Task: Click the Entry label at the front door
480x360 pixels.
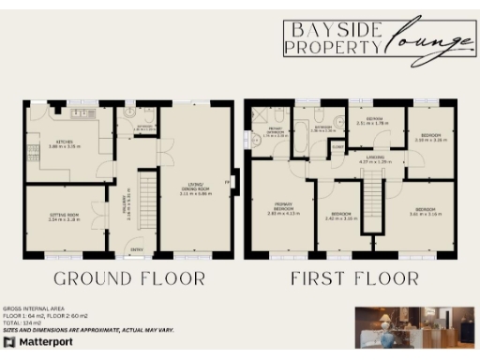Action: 137,248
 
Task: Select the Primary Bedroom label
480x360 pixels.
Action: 281,208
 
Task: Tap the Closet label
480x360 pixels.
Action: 337,145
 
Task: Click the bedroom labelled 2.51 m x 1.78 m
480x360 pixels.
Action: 373,121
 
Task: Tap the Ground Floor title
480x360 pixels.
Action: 128,278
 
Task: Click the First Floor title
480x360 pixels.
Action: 353,278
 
